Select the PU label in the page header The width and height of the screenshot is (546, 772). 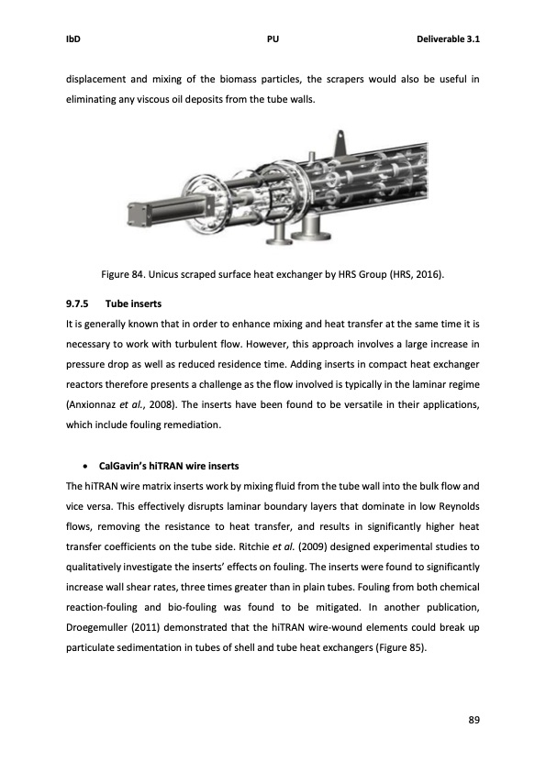click(273, 40)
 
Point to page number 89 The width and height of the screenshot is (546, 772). click(474, 718)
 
